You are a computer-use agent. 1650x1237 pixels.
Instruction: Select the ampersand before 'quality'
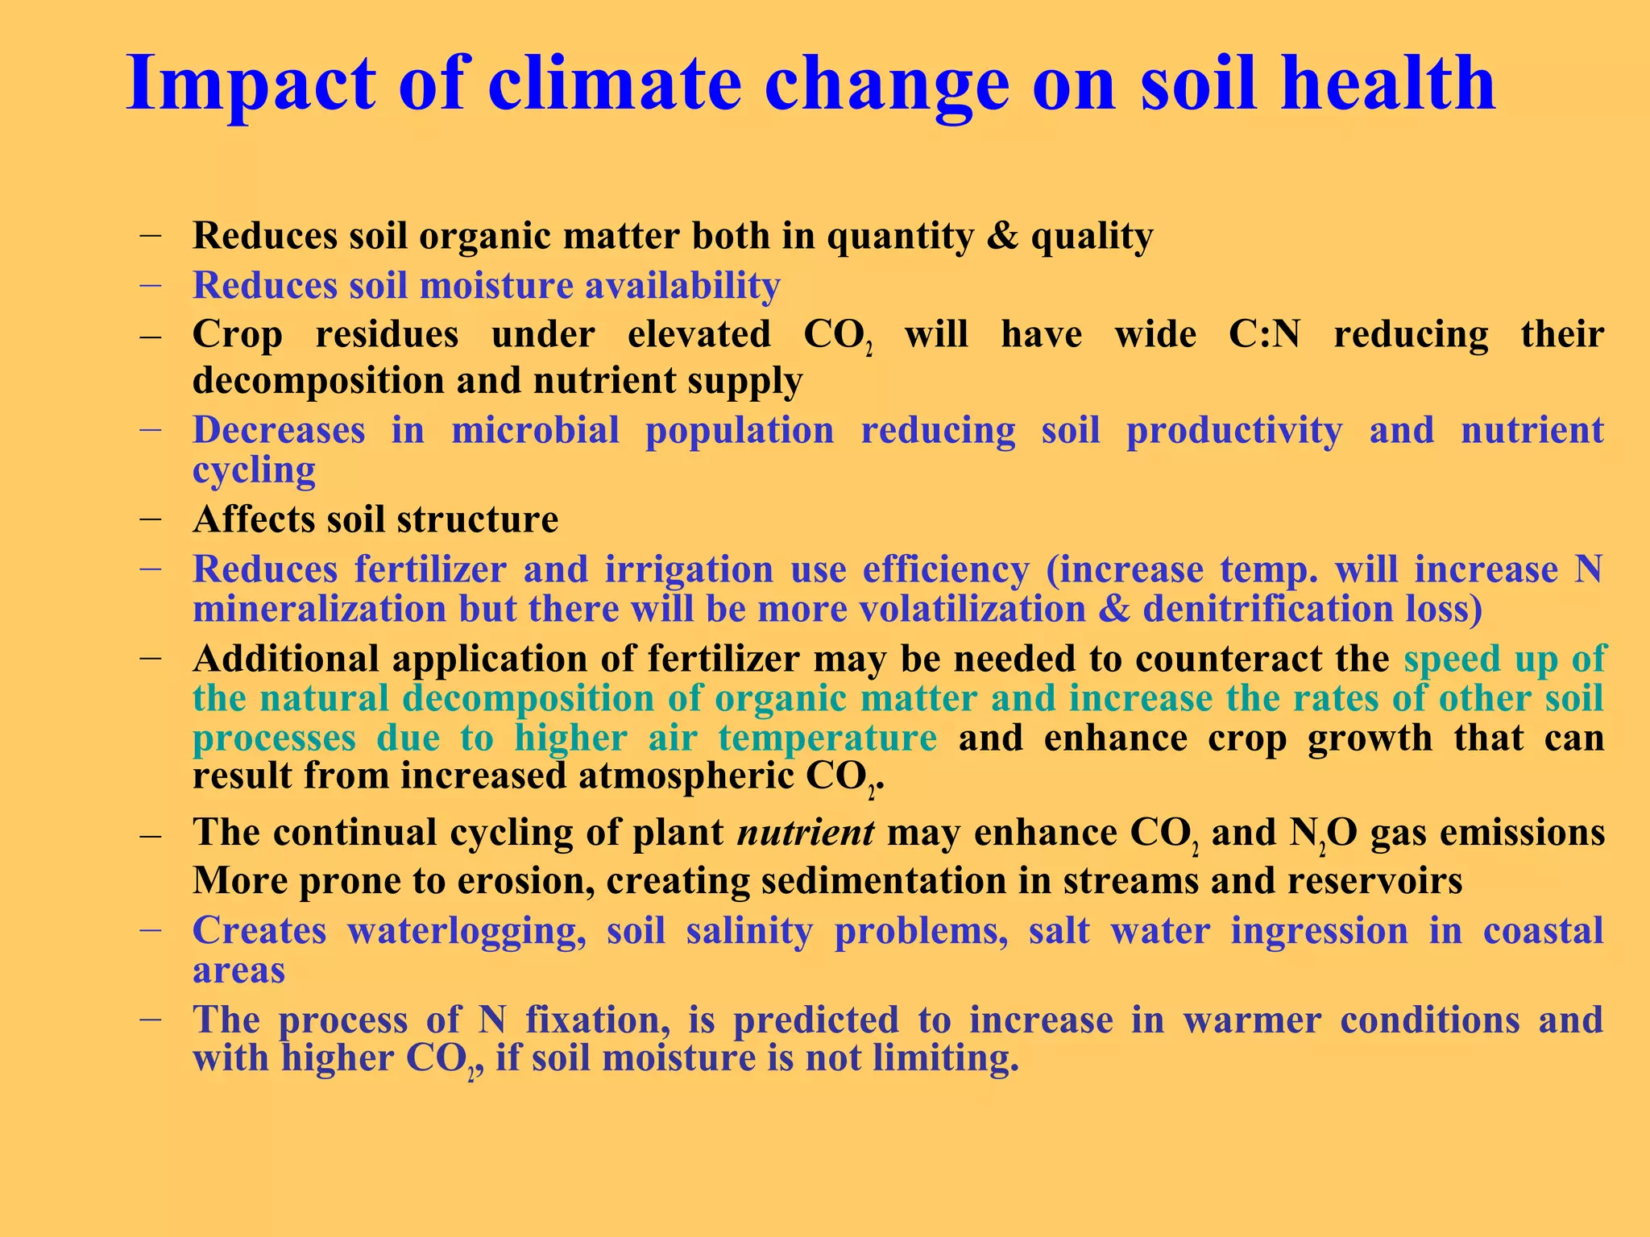(x=1001, y=236)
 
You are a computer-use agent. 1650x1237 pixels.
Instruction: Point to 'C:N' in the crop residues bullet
(x=1264, y=334)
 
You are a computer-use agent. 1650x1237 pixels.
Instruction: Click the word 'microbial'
(x=535, y=430)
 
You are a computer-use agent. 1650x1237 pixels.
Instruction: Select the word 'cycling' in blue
(x=254, y=470)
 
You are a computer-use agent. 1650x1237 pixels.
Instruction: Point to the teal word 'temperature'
(x=827, y=738)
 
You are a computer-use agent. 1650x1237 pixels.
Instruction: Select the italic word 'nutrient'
(x=806, y=833)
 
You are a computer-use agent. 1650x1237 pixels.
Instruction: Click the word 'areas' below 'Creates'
(x=238, y=970)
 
